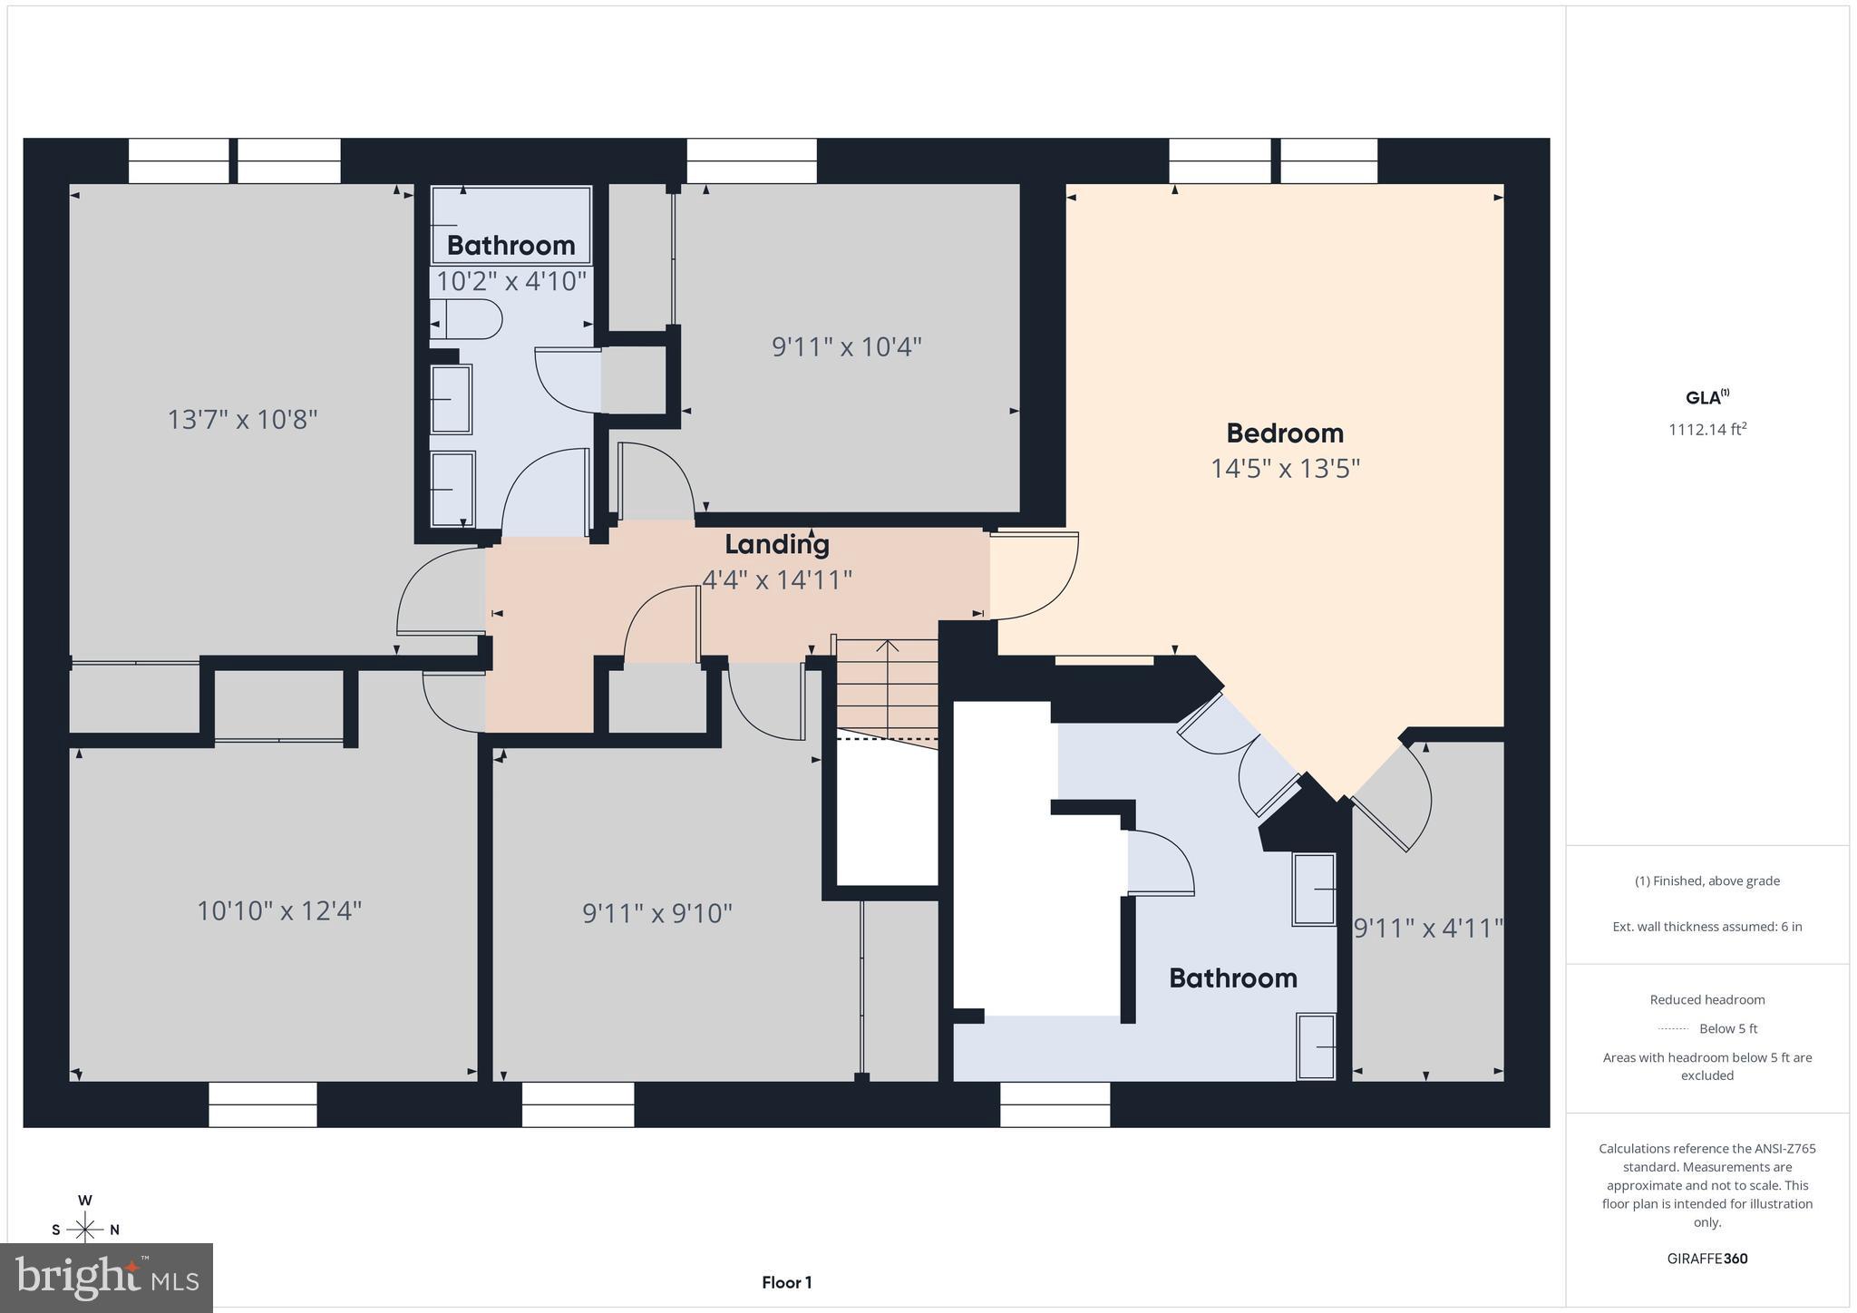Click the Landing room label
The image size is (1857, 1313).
[777, 544]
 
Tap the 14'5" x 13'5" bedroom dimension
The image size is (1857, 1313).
[1285, 469]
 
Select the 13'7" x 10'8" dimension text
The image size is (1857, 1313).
[242, 420]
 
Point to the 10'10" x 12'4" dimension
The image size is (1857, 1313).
[279, 910]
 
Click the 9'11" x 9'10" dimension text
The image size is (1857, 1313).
[656, 913]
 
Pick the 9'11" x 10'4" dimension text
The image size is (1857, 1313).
[846, 347]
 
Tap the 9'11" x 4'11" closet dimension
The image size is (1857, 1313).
[1427, 929]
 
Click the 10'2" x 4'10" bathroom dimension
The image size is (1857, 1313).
[511, 281]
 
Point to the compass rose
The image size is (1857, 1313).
[85, 1230]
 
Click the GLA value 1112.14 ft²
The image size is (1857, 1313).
[1706, 430]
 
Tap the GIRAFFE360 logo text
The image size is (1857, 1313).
[1706, 1259]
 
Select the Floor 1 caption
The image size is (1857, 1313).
[786, 1282]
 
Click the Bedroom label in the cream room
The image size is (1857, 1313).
[1284, 433]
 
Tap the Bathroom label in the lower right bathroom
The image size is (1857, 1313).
[1232, 977]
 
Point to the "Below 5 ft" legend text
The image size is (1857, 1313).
[1727, 1028]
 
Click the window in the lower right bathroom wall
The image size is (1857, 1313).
[1055, 1104]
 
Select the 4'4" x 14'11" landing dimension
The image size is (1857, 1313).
[777, 579]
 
